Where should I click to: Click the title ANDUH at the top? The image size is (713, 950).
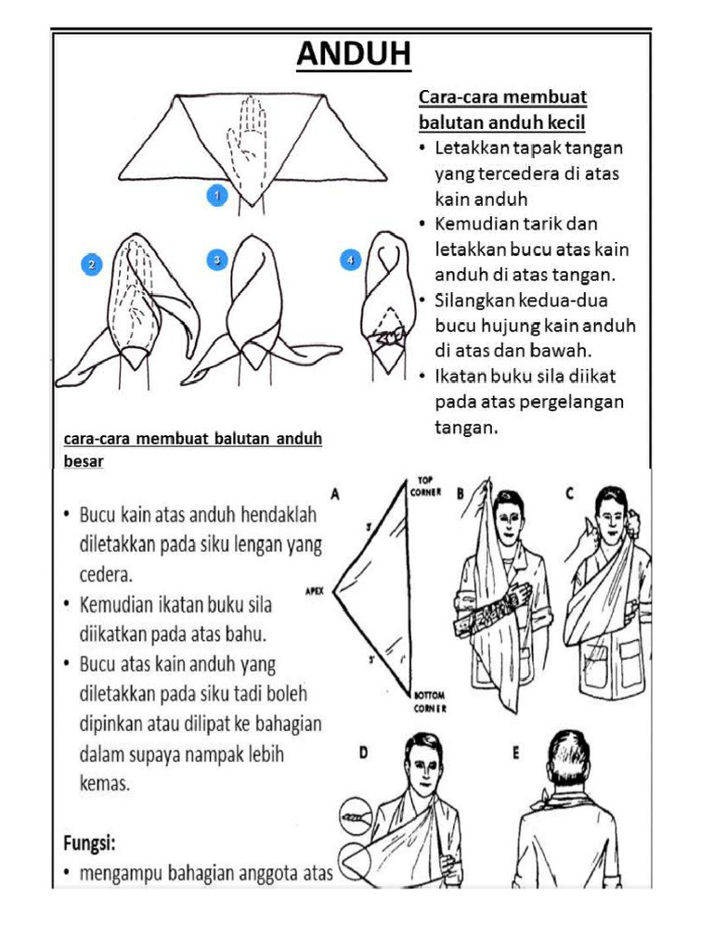coord(354,56)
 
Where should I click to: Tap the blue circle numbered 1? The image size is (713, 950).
coord(216,196)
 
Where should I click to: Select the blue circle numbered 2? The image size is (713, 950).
coord(91,264)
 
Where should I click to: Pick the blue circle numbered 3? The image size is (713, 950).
coord(216,261)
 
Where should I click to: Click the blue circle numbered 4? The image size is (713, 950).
coord(350,261)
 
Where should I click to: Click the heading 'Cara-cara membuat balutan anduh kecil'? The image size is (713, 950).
coord(502,109)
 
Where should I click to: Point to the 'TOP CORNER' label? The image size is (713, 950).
coord(424,487)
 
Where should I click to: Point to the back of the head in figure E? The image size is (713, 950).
coord(564,755)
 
